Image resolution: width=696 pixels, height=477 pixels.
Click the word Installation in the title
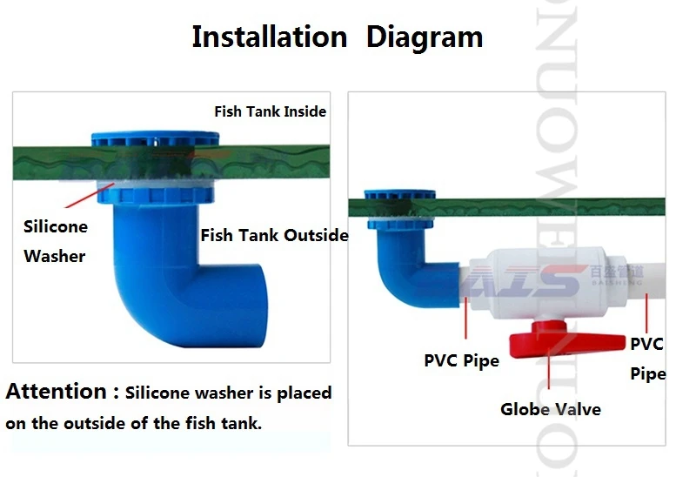(269, 37)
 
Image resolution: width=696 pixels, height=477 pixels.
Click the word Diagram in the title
(424, 37)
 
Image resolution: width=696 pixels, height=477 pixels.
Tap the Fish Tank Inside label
(270, 111)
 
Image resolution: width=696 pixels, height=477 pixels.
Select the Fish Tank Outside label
(274, 235)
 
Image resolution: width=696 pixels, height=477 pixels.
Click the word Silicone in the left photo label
(56, 227)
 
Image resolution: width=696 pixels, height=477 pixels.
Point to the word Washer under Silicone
(54, 256)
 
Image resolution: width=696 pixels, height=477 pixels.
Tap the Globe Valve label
(550, 408)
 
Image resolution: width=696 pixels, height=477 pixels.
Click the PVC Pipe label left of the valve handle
(461, 359)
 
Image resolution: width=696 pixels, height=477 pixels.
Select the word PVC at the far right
(646, 344)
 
